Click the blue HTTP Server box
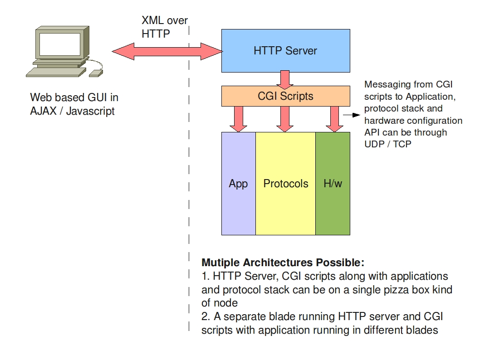[x=285, y=50]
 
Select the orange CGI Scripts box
[x=285, y=96]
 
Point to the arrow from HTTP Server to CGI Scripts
[x=285, y=79]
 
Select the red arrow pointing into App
[x=239, y=119]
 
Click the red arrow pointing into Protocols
[x=285, y=119]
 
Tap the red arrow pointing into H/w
[x=335, y=119]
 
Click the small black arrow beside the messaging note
[x=348, y=116]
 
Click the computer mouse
[x=96, y=73]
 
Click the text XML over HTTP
[x=164, y=27]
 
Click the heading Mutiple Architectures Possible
[x=283, y=263]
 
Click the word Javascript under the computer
[x=90, y=111]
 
